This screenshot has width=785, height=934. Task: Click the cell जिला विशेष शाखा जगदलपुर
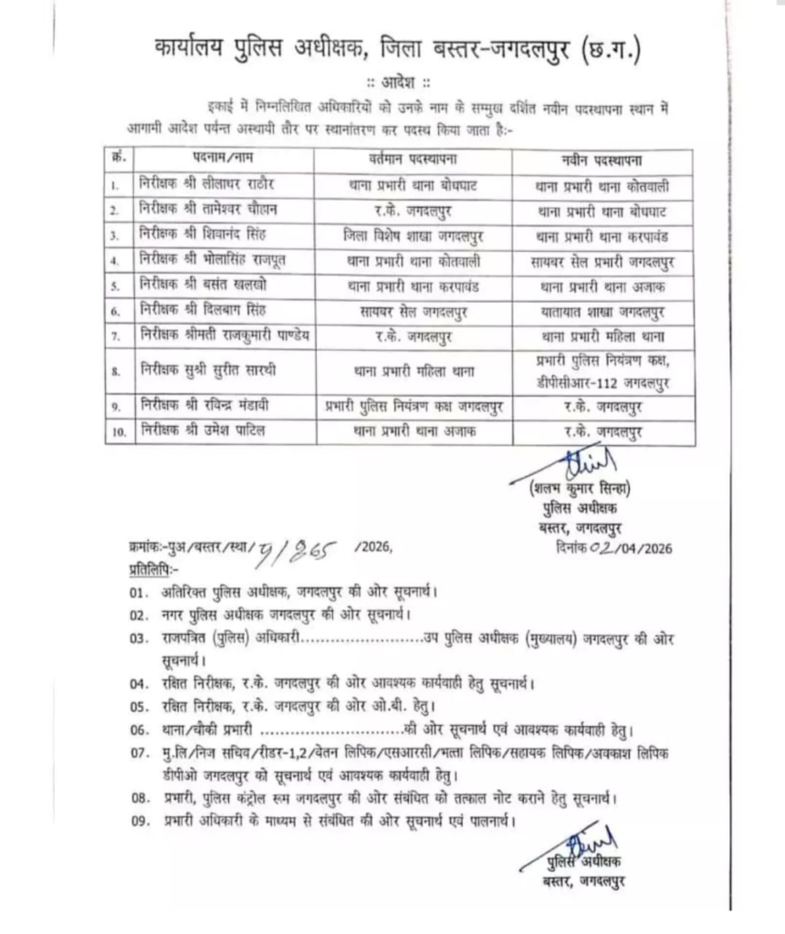point(410,235)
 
